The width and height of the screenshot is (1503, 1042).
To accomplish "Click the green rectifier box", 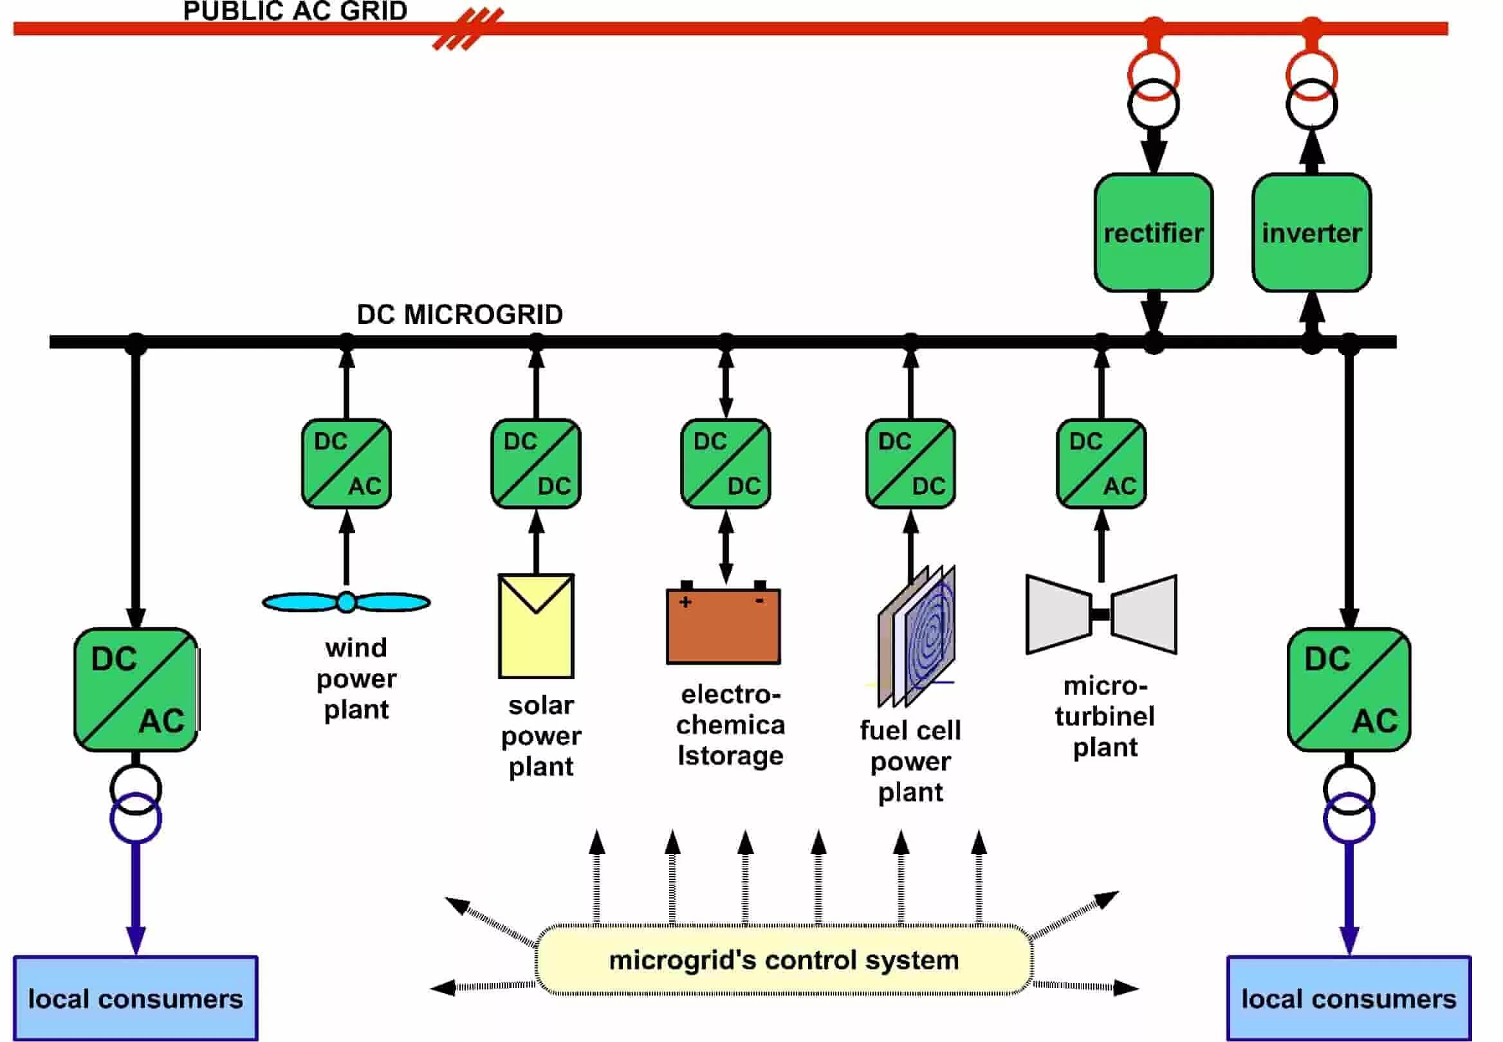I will point(1153,232).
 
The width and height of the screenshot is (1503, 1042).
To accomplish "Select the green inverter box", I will point(1311,232).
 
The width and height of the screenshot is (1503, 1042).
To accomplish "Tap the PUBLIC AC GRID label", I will point(295,11).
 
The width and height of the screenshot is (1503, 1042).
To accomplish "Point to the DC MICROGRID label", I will point(459,315).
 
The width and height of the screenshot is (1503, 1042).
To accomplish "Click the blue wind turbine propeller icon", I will point(346,602).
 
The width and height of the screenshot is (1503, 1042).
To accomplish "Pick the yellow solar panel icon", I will point(536,626).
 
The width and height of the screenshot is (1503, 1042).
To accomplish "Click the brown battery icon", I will point(723,625).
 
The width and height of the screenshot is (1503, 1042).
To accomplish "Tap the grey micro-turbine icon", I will point(1101,614).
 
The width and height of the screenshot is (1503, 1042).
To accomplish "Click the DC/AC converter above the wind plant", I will point(346,464).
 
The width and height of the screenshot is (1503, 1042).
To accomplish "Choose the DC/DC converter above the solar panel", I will point(536,464).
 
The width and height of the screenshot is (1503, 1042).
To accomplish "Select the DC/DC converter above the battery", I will point(725,464).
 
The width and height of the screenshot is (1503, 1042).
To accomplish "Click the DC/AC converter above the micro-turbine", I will point(1101,464).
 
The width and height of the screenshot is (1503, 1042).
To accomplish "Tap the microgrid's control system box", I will point(784,960).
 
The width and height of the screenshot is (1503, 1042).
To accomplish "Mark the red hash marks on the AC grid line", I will point(468,30).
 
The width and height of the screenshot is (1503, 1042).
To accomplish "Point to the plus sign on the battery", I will point(685,602).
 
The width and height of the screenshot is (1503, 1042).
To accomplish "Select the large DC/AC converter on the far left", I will point(136,690).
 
